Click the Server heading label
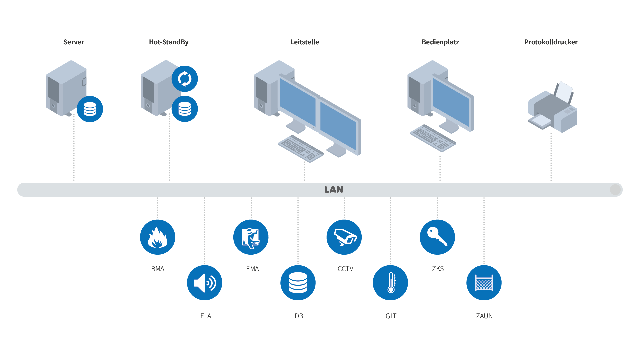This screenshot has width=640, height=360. tap(74, 42)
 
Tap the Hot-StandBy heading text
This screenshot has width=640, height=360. tap(169, 42)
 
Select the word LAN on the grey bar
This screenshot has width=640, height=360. tap(334, 190)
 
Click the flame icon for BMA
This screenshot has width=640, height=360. tap(158, 237)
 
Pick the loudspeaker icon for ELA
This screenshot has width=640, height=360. tap(204, 283)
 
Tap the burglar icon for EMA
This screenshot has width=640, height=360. tap(251, 237)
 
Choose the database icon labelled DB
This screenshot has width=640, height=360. tap(298, 283)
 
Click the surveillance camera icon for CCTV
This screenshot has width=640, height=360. tap(344, 237)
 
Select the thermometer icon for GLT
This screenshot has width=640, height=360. tap(390, 283)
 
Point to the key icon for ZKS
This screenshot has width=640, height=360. tap(437, 237)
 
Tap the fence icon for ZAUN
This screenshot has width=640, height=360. tap(484, 283)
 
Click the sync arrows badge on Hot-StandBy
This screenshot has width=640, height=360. tap(185, 79)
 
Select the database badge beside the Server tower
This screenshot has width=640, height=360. tap(90, 109)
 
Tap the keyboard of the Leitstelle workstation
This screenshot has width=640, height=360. tap(301, 149)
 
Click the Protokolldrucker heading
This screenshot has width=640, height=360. tap(551, 42)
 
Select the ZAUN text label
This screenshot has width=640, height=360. tap(484, 316)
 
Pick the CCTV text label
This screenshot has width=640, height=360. tap(345, 269)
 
